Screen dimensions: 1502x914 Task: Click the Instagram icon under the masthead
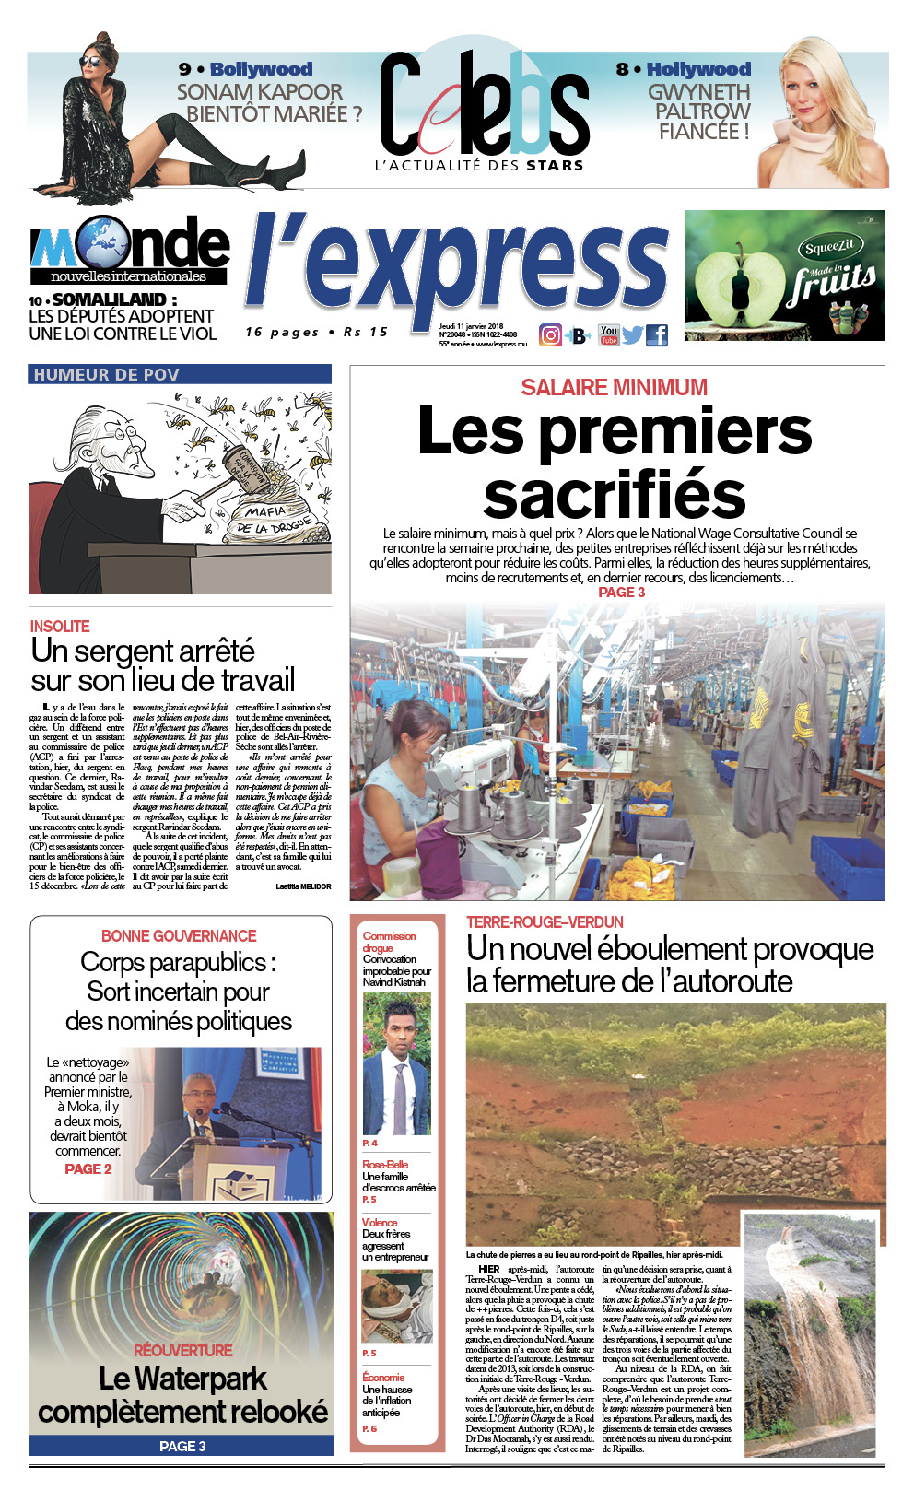click(550, 335)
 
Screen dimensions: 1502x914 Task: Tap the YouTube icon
click(609, 334)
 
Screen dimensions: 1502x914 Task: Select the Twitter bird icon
click(632, 335)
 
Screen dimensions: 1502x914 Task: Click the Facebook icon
click(657, 335)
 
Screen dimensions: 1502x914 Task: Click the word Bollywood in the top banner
click(261, 69)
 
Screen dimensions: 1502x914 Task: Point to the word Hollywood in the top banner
click(697, 69)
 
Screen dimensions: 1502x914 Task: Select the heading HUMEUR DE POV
click(106, 374)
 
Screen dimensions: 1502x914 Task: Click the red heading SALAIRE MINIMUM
click(615, 387)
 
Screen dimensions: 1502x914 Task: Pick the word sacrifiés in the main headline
click(615, 495)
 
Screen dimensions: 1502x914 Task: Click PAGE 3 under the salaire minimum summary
click(622, 593)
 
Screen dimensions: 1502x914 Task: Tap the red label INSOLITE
click(60, 627)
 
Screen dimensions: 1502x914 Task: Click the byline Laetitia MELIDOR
click(303, 886)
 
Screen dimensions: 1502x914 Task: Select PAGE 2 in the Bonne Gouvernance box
click(88, 1168)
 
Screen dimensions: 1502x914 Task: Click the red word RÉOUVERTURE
click(182, 1350)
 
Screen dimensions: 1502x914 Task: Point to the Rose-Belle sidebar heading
click(385, 1165)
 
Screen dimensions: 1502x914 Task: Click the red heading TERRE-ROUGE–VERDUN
click(545, 922)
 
